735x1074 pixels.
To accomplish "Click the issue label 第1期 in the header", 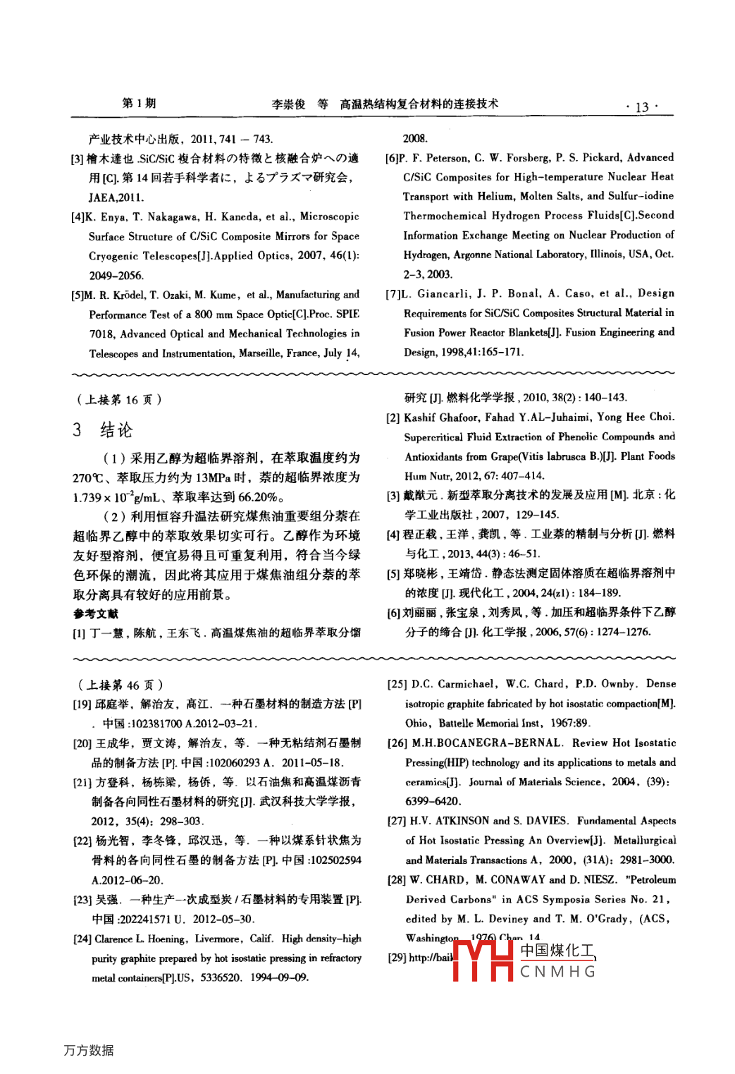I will point(139,103).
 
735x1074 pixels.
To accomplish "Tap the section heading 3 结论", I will point(103,429).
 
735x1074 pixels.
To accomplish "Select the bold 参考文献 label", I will point(96,614).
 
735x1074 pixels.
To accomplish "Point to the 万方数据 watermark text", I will point(89,1050).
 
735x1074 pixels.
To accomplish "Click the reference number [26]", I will point(397,743).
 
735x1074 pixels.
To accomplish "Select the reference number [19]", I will point(82,704).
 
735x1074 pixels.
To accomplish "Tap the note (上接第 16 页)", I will point(119,400).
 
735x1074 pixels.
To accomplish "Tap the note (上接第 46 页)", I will point(120,685).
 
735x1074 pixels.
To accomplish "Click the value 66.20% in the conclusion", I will point(258,497).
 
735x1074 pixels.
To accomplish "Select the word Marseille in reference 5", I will point(260,353).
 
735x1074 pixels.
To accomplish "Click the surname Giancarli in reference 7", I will point(444,293).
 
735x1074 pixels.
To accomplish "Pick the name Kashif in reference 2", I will point(421,417).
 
